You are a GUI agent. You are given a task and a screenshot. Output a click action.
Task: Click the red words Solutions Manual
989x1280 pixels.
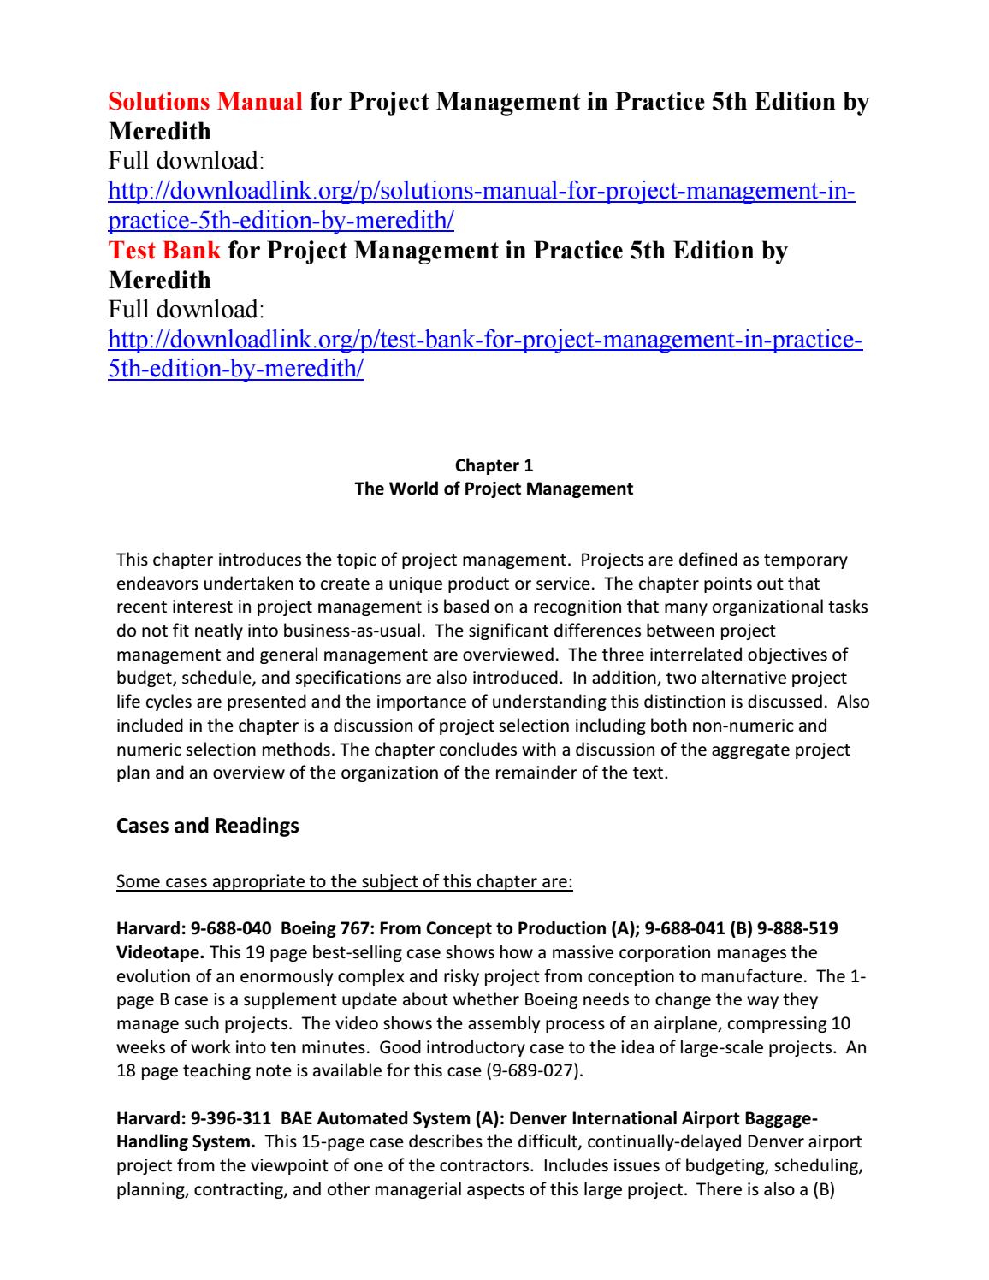pos(205,103)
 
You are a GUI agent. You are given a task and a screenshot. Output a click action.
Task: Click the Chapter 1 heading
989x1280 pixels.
pos(494,465)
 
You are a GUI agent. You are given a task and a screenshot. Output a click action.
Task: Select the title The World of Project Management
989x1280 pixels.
pos(494,489)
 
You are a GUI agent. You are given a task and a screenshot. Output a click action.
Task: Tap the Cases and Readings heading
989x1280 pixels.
pos(207,827)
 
